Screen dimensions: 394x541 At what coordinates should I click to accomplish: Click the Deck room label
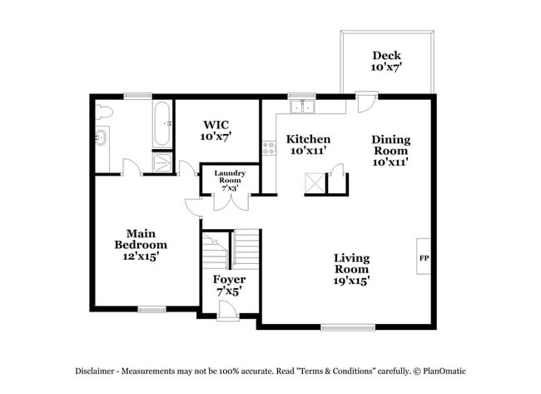387,61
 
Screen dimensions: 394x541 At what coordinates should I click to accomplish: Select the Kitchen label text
308,145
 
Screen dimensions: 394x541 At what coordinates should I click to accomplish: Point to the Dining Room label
390,151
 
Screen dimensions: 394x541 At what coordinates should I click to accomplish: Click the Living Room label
352,269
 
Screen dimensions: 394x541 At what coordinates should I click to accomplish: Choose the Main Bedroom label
141,245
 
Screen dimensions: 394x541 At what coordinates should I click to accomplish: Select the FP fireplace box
424,257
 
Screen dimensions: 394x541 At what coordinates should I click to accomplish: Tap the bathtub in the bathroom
162,124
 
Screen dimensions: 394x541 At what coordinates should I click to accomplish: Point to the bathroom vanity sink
102,138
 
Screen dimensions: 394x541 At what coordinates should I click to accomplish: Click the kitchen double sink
300,106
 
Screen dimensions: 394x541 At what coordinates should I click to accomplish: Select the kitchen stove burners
269,148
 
